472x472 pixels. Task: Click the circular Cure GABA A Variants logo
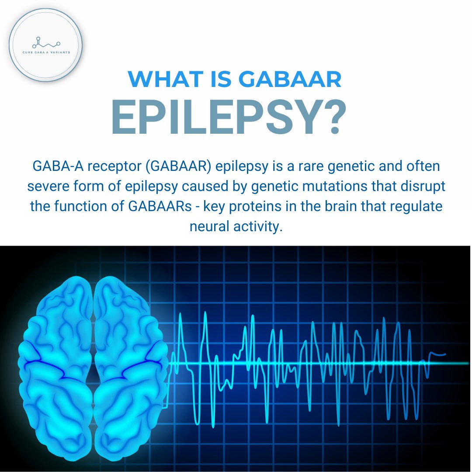(x=45, y=45)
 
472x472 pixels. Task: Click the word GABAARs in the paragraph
(x=161, y=206)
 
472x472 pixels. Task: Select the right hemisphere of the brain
(x=129, y=358)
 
